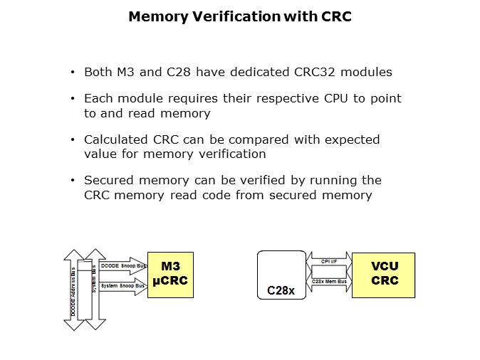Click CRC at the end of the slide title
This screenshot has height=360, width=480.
tap(337, 16)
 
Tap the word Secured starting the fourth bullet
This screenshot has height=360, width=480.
tap(108, 181)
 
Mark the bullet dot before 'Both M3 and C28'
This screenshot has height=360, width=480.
tap(73, 73)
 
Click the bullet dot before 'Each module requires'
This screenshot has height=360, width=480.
tap(73, 98)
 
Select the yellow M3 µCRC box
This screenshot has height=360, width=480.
tap(169, 275)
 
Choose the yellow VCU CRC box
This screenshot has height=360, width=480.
tap(385, 275)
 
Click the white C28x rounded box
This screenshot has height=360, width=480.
tap(281, 275)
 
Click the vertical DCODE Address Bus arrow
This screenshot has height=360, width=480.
tap(73, 288)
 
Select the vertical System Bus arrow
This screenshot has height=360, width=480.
tap(94, 288)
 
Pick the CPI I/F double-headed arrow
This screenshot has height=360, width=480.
tap(329, 261)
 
